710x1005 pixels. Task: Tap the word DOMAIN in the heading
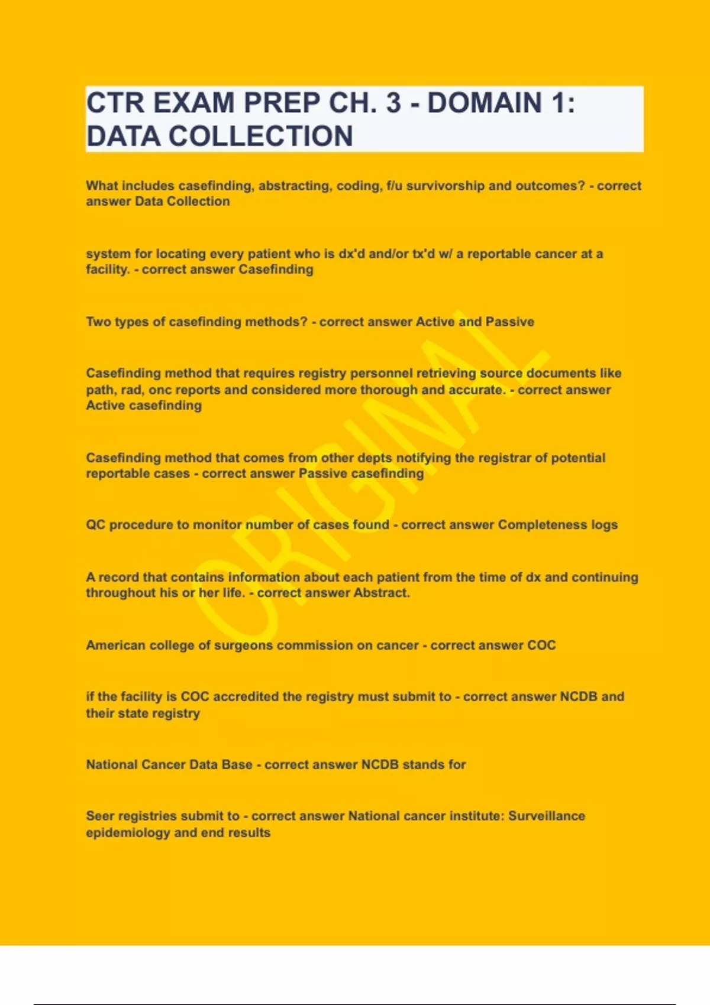coord(484,103)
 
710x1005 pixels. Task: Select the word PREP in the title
coord(282,103)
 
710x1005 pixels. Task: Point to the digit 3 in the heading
coord(393,103)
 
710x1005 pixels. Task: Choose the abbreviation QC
coord(95,525)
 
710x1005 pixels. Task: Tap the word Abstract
coord(381,593)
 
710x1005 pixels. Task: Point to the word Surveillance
coord(546,816)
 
